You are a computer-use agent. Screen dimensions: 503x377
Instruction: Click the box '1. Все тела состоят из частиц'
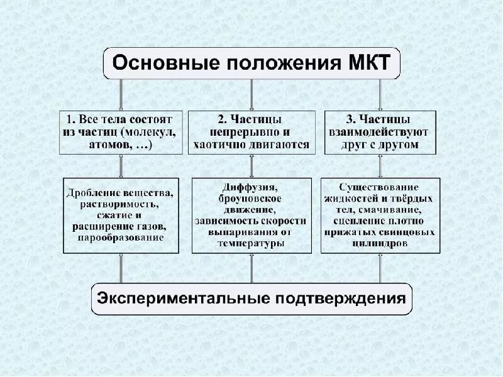[121, 132]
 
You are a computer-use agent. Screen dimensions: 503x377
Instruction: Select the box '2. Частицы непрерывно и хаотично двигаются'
[251, 132]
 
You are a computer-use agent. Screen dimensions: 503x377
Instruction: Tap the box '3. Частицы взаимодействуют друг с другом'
[380, 132]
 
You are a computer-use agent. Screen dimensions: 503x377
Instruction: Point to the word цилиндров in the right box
[379, 243]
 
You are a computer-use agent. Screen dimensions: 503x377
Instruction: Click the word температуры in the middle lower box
[250, 244]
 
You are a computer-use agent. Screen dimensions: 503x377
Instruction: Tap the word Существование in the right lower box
[379, 187]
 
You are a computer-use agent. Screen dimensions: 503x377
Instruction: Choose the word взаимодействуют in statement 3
[379, 132]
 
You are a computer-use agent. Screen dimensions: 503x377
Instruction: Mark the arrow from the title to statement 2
[251, 95]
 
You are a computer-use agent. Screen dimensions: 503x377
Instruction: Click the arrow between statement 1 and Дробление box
[121, 166]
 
